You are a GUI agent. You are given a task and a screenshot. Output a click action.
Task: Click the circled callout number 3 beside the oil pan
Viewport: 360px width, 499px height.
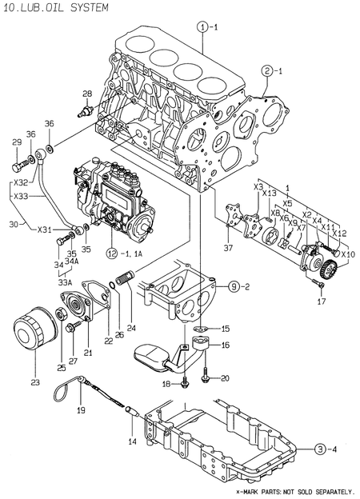pos(320,449)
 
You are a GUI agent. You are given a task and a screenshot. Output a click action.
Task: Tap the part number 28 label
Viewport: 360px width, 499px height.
pos(87,94)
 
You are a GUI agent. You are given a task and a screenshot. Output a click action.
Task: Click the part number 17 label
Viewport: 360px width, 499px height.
pos(321,301)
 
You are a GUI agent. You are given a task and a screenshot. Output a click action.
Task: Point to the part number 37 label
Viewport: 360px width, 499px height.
pos(230,248)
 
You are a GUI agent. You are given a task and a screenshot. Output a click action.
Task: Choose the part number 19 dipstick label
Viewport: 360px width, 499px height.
pos(80,409)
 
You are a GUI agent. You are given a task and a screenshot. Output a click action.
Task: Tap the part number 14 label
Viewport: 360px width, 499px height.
pos(132,441)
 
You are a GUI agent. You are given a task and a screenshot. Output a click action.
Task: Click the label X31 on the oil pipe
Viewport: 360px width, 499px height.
pos(44,230)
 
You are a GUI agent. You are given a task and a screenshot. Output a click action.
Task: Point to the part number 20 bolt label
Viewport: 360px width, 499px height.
pos(225,377)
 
